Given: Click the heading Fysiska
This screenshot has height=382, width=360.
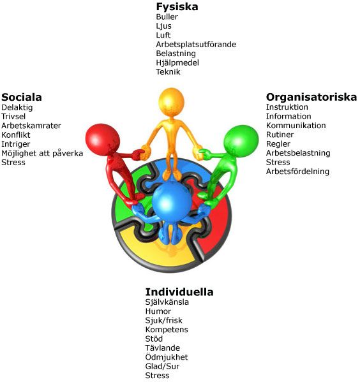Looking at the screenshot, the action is [x=177, y=7].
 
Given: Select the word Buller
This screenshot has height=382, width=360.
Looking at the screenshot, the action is [x=167, y=17].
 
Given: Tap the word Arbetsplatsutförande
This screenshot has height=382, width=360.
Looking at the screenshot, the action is [x=196, y=45].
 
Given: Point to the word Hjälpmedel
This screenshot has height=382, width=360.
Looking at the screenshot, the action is [x=177, y=63].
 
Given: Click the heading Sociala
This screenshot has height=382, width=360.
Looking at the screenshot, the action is [x=22, y=97].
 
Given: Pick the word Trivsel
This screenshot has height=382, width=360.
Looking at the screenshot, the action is [x=13, y=117].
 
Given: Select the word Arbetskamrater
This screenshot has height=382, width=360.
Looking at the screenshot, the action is [x=31, y=126].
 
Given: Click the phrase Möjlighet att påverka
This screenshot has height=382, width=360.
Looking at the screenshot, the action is [x=42, y=154].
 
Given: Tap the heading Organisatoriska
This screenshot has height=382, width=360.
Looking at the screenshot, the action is [x=311, y=97].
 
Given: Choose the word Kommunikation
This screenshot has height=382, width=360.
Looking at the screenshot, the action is [x=296, y=126].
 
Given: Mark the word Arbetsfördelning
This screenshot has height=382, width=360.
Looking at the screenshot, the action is [x=297, y=172].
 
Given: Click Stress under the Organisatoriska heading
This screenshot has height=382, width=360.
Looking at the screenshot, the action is [x=278, y=162].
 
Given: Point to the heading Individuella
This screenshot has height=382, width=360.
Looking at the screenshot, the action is [x=179, y=292].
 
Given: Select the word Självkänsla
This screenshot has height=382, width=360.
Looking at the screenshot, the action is [x=167, y=302].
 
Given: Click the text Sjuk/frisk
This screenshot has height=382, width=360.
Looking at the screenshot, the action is [x=164, y=320].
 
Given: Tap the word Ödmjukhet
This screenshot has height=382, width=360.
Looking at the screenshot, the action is [x=167, y=357].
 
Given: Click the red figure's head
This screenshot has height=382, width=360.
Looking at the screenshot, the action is [x=102, y=140].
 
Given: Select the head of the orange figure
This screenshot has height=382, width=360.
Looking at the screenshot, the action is [x=171, y=101].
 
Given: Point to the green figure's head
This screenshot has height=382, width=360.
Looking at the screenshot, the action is [x=241, y=142].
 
